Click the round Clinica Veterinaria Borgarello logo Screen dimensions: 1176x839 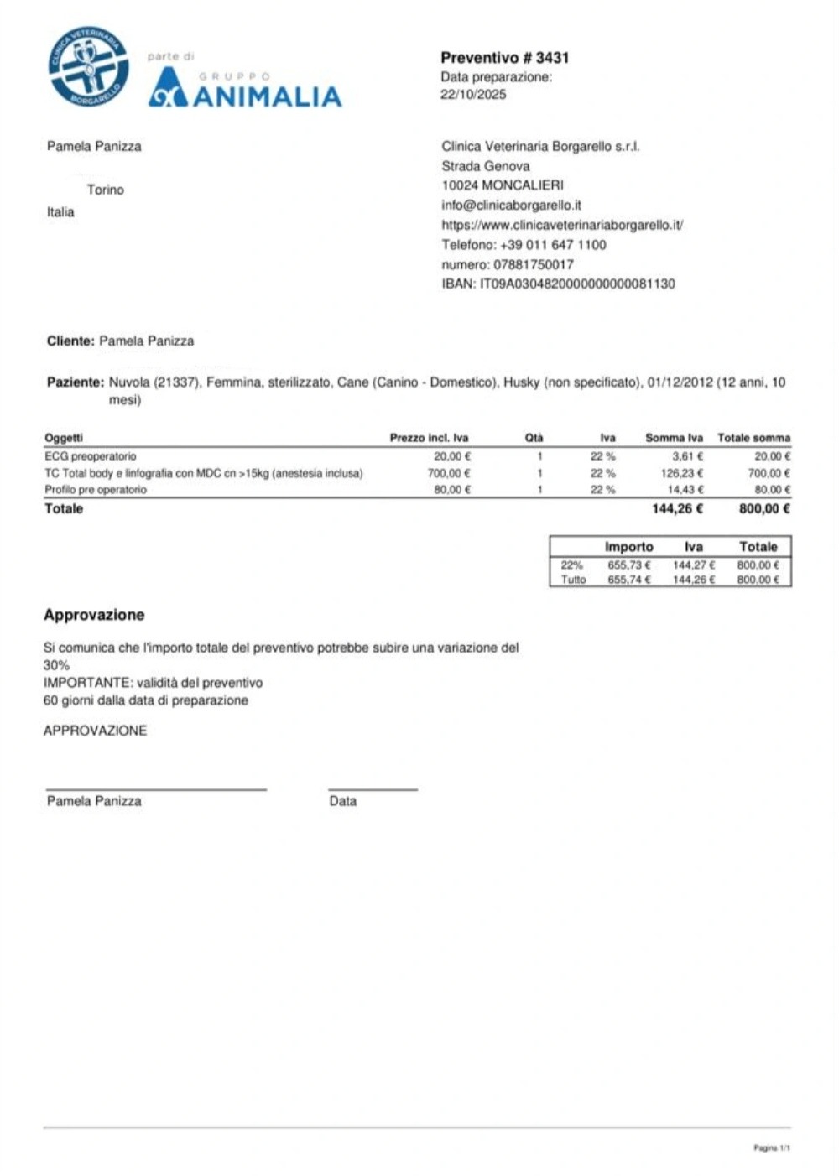[88, 67]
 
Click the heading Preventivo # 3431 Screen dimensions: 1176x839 [504, 58]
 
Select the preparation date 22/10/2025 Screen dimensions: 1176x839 [473, 95]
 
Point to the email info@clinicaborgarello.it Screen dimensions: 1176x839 [511, 205]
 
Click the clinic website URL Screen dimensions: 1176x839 [562, 225]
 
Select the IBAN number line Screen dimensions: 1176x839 [558, 284]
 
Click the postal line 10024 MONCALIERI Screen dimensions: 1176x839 [503, 185]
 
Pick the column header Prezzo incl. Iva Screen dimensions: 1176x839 [429, 438]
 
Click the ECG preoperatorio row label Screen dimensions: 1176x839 [90, 456]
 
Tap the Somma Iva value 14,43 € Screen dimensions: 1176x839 [685, 490]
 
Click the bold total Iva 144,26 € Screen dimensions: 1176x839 [677, 508]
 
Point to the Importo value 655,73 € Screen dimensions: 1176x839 [628, 565]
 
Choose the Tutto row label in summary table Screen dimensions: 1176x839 [573, 580]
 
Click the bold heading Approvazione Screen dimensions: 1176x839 [94, 615]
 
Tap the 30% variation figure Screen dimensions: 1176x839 [56, 665]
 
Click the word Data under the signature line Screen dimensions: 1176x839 [342, 801]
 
